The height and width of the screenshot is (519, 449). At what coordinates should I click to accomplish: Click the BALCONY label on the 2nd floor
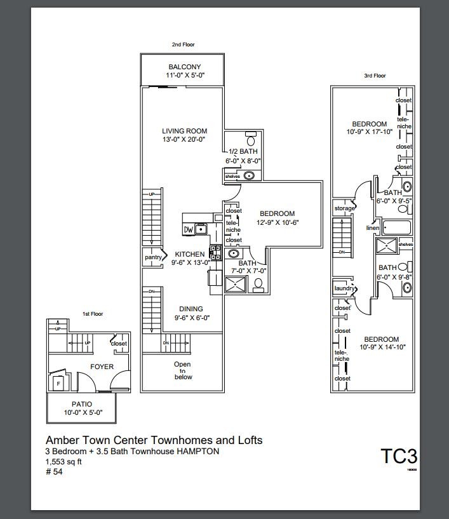click(184, 67)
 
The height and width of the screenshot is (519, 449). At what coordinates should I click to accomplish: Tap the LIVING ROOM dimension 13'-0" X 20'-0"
click(184, 139)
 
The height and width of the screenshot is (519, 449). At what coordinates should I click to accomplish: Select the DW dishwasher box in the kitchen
click(189, 229)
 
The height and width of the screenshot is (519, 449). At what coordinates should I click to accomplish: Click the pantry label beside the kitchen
click(153, 257)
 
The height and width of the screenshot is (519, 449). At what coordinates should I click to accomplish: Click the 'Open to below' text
click(183, 370)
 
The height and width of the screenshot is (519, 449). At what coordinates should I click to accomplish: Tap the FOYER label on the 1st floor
click(102, 367)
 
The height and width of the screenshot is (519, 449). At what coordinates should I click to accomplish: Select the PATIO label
click(81, 404)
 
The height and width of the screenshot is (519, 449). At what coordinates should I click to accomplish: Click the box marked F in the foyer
click(58, 384)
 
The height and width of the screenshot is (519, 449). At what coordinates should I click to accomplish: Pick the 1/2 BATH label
click(243, 152)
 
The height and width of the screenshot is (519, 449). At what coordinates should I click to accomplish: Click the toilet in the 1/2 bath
click(251, 139)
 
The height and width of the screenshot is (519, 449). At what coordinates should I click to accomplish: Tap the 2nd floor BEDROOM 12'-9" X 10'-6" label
click(277, 213)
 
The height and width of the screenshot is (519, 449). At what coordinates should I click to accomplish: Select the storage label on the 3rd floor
click(344, 208)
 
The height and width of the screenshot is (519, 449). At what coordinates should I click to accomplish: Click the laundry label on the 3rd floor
click(344, 288)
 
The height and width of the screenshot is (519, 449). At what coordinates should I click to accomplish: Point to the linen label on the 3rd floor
click(372, 228)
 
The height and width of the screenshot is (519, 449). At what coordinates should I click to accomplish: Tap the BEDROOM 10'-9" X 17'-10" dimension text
click(369, 132)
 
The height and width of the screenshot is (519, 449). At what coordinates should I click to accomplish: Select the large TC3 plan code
click(399, 457)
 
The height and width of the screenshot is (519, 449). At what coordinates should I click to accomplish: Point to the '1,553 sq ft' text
click(64, 462)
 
